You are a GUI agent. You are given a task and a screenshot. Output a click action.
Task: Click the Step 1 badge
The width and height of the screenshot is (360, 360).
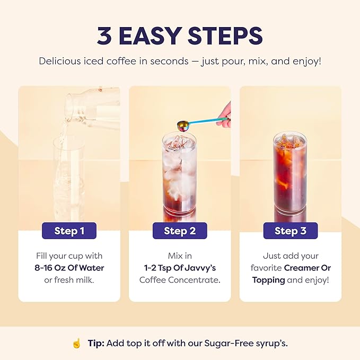[x=69, y=231]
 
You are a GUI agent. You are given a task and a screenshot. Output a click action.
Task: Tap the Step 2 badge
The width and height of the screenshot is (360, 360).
[x=180, y=231]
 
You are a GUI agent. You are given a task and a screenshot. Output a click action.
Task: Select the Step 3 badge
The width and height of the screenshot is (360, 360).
[x=291, y=231]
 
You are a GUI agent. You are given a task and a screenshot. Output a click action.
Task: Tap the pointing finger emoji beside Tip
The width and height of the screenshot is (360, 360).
[x=77, y=344]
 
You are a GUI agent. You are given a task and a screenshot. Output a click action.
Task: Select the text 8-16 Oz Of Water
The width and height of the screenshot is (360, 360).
[x=69, y=268]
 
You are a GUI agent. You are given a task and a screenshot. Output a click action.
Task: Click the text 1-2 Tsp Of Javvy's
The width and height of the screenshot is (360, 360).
[x=180, y=268]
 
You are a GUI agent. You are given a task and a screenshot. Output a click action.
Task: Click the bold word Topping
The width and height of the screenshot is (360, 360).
[x=268, y=279]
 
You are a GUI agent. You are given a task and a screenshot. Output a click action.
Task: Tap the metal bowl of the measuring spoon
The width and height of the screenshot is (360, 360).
[x=182, y=125]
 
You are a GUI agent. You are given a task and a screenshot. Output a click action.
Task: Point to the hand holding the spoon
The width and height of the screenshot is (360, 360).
[x=225, y=114]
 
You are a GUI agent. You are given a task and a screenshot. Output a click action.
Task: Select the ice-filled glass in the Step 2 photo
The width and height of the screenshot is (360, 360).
[x=179, y=175]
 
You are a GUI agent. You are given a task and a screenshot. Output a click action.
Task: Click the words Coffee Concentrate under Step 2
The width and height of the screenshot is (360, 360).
[x=180, y=279]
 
